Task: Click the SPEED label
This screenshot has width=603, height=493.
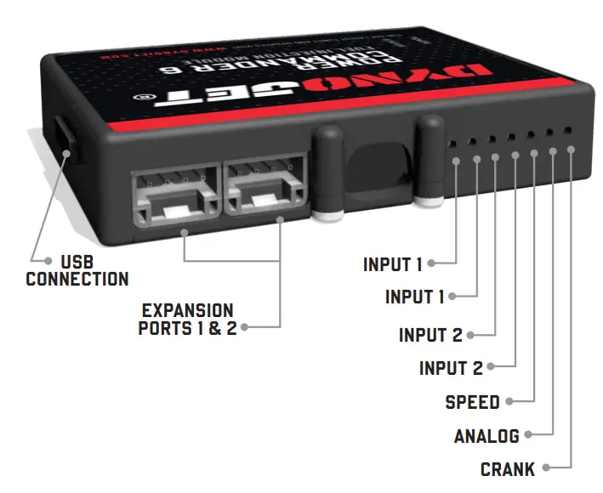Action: pyautogui.click(x=473, y=401)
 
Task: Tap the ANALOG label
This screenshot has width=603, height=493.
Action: pyautogui.click(x=486, y=436)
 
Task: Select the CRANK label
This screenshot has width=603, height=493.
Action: pyautogui.click(x=508, y=468)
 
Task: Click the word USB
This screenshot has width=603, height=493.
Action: pyautogui.click(x=78, y=261)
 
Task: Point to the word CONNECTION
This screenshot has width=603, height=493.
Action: pyautogui.click(x=77, y=278)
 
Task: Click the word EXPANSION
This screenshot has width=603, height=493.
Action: pyautogui.click(x=187, y=310)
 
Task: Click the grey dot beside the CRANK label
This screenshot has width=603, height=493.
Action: pyautogui.click(x=546, y=467)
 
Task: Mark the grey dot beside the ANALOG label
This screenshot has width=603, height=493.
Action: pyautogui.click(x=528, y=435)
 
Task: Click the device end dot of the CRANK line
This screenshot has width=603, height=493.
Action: pyautogui.click(x=570, y=150)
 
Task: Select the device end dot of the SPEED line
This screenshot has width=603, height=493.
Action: pyautogui.click(x=534, y=153)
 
